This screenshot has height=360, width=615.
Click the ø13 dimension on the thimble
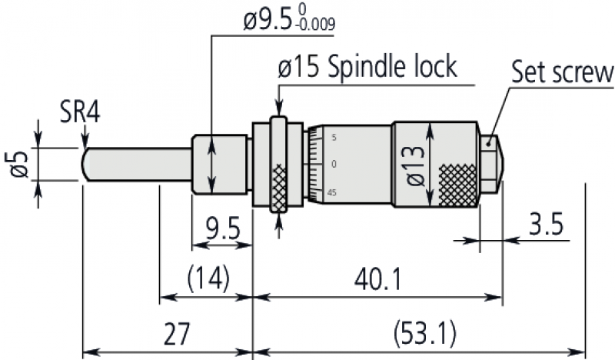point(416,165)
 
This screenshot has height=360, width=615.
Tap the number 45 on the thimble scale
point(332,192)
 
